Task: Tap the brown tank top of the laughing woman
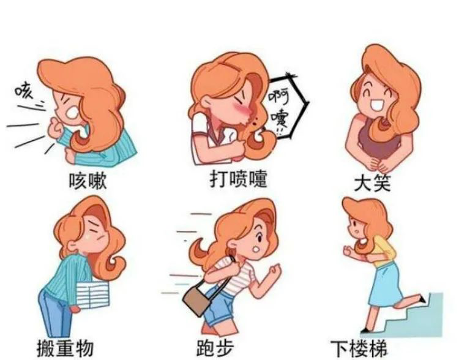(378, 138)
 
